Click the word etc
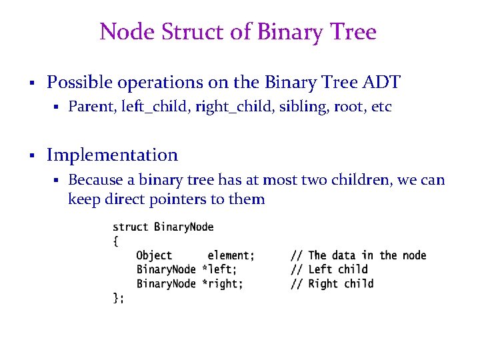[381, 107]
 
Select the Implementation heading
[112, 155]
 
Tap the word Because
[94, 180]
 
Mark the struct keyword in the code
[131, 227]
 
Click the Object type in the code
[154, 255]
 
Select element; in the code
[231, 255]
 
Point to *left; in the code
[219, 269]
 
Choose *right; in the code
[223, 283]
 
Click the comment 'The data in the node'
[367, 255]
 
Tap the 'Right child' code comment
[341, 283]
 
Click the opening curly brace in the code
[115, 241]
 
